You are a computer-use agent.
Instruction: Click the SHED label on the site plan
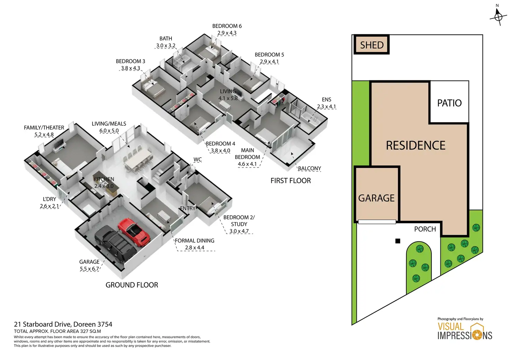(x=372, y=45)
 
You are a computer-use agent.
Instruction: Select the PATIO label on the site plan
(x=449, y=103)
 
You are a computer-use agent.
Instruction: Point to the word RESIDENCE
(x=416, y=145)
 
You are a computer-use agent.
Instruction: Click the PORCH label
(x=425, y=229)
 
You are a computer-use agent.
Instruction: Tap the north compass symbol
(x=498, y=16)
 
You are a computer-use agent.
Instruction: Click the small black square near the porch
(x=398, y=241)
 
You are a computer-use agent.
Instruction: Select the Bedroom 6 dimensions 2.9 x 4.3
(x=227, y=33)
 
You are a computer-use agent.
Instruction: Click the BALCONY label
(x=309, y=169)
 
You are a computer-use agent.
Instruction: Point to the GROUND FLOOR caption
(x=132, y=285)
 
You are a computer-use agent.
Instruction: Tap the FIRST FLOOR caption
(x=291, y=181)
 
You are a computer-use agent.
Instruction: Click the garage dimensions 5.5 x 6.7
(x=89, y=269)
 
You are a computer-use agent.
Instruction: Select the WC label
(x=197, y=160)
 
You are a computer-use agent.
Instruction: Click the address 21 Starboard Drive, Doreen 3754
(x=63, y=324)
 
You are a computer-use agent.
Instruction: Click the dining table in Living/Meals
(x=138, y=160)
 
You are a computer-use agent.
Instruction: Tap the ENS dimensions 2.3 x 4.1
(x=326, y=107)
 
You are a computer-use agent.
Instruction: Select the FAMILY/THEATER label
(x=44, y=128)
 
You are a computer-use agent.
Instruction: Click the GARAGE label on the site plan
(x=376, y=198)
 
